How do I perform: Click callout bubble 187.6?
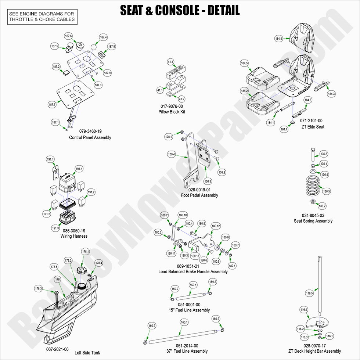pyautogui.click(x=68, y=36)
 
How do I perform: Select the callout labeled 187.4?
pyautogui.click(x=103, y=37)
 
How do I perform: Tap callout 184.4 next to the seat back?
pyautogui.click(x=278, y=39)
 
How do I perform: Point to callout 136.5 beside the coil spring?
pyautogui.click(x=327, y=191)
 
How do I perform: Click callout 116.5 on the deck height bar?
pyautogui.click(x=309, y=294)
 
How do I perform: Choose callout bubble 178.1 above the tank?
pyautogui.click(x=86, y=252)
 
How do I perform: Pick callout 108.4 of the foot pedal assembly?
pyautogui.click(x=172, y=155)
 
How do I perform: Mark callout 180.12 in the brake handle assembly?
pyautogui.click(x=216, y=226)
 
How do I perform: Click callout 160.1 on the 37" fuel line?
pyautogui.click(x=184, y=323)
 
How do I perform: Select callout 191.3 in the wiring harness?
pyautogui.click(x=55, y=228)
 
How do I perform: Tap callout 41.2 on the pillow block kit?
pyautogui.click(x=181, y=99)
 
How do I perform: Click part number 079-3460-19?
pyautogui.click(x=90, y=132)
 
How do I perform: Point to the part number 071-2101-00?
pyautogui.click(x=311, y=121)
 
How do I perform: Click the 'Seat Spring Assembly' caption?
pyautogui.click(x=313, y=221)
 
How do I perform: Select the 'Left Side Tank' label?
pyautogui.click(x=87, y=353)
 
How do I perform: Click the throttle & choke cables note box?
pyautogui.click(x=42, y=17)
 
